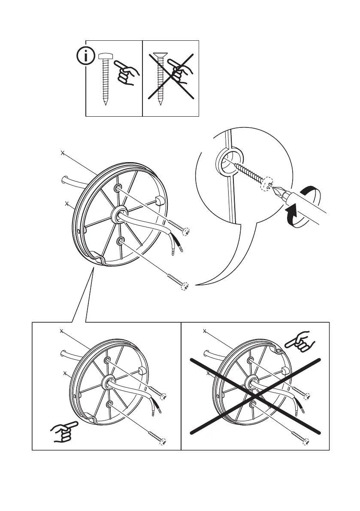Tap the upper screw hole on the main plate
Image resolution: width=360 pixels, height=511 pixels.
pyautogui.click(x=118, y=189)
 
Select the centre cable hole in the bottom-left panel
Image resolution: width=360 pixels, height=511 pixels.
pyautogui.click(x=106, y=382)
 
